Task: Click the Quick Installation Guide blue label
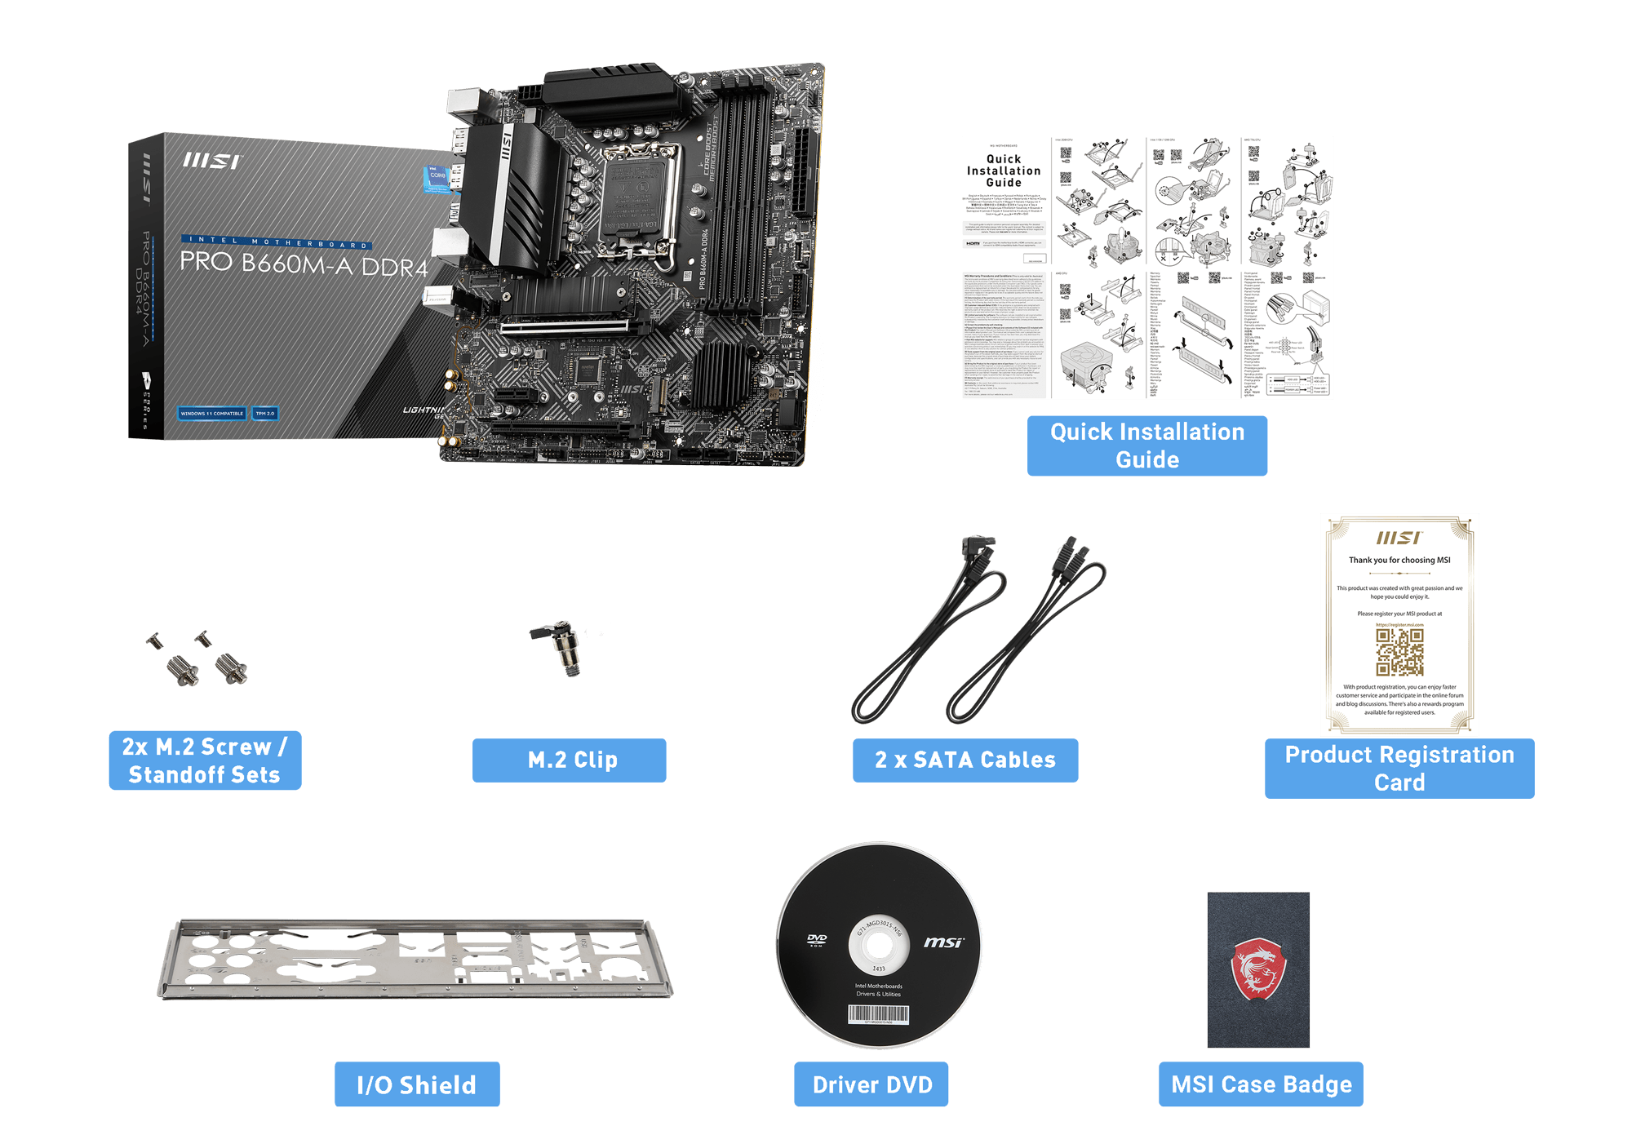tap(1146, 446)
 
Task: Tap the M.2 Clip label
tap(570, 760)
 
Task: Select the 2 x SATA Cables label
tap(965, 760)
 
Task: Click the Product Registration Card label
tap(1399, 768)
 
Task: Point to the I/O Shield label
tap(417, 1084)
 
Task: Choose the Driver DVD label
tap(871, 1084)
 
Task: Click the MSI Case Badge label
tap(1261, 1084)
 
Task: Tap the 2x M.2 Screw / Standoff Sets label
tap(205, 760)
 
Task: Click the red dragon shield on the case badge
tap(1258, 969)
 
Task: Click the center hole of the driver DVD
tap(879, 946)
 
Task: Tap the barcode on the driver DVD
tap(879, 1013)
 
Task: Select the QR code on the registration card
tap(1399, 652)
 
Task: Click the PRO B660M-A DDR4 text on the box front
tap(304, 264)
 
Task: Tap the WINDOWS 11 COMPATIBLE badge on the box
tap(212, 414)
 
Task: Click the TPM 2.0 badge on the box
tap(265, 414)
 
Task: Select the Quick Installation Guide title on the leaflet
tap(1004, 171)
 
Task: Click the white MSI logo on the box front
tap(211, 162)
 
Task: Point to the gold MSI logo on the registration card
tap(1399, 539)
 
